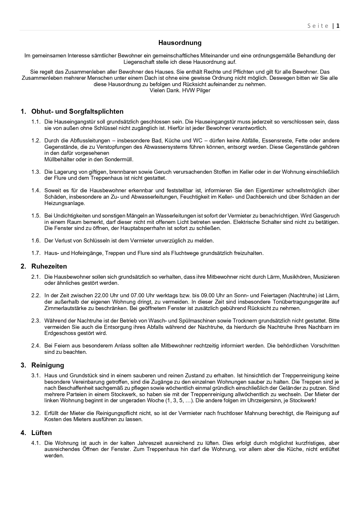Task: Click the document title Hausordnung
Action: [180, 43]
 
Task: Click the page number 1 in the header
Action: [338, 26]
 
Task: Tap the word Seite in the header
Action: [318, 26]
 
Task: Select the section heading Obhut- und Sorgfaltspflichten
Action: [77, 111]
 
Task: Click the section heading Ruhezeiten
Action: [49, 266]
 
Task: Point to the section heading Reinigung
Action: [48, 365]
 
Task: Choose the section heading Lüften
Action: [41, 433]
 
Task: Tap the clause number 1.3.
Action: [36, 172]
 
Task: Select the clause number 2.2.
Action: [36, 296]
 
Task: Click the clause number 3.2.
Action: [36, 413]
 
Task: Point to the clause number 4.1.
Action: [36, 443]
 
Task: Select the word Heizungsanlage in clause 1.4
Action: [64, 203]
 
